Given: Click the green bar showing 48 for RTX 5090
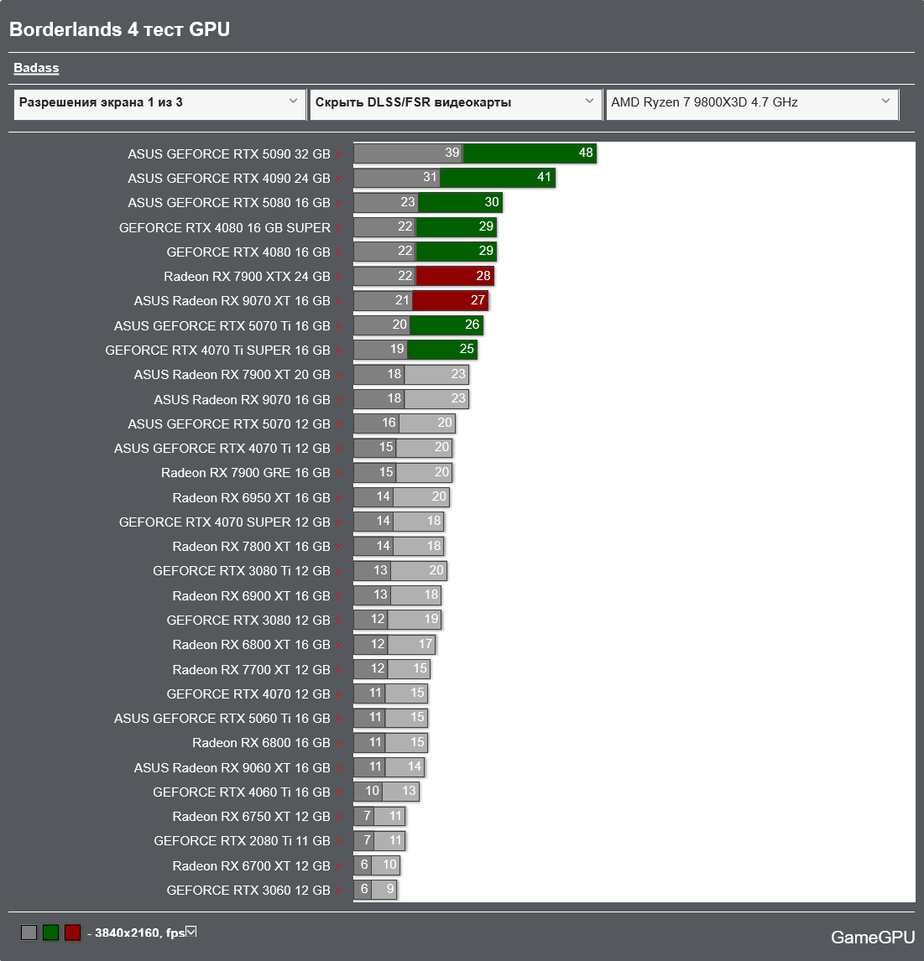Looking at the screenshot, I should (529, 153).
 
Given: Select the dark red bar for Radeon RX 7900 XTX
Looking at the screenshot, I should (454, 276).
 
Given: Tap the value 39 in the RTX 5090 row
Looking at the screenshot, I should (452, 153).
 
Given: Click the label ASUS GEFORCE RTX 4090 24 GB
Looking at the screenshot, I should (229, 179).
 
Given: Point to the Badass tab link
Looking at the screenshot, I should (36, 69).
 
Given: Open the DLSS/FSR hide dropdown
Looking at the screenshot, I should (454, 103).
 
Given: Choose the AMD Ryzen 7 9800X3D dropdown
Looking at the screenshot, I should (751, 103).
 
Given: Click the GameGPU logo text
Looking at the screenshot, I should (873, 938).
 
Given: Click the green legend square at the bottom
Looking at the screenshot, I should (51, 932).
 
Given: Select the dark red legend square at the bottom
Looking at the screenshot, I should (73, 932).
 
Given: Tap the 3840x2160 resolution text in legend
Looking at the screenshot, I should (139, 932).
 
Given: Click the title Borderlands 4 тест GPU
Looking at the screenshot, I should (119, 29).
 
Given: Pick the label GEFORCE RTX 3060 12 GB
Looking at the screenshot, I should (248, 891).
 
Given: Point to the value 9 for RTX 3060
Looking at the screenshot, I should (389, 890).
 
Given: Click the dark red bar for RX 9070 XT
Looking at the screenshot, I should (449, 301).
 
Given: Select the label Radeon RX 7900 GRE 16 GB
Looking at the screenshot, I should (246, 473).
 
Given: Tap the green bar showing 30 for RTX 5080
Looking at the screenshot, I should (460, 203).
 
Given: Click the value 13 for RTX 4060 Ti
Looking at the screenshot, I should (409, 792).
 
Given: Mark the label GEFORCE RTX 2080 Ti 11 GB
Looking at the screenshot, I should (243, 841).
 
